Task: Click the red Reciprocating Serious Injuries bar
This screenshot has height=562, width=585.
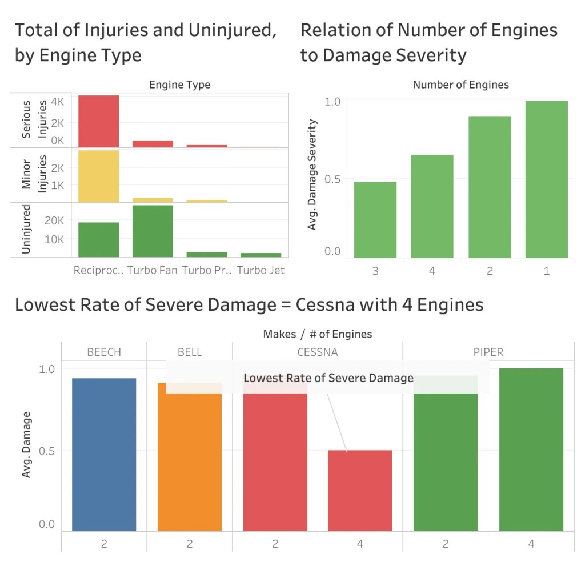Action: click(x=98, y=121)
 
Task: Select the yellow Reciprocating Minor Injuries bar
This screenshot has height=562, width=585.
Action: click(x=98, y=176)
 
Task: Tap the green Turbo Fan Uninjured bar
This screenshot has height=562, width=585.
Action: click(x=153, y=231)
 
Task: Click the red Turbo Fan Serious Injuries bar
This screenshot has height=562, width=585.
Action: click(x=153, y=144)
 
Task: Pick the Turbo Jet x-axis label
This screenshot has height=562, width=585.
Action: click(x=261, y=270)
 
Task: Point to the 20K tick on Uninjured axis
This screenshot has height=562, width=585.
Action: click(x=54, y=220)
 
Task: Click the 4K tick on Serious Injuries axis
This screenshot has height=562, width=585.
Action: click(x=57, y=102)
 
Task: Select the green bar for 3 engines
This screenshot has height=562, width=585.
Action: click(x=375, y=220)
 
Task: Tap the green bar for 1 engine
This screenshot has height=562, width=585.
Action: click(x=547, y=179)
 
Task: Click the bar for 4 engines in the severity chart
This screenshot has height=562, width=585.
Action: click(x=432, y=206)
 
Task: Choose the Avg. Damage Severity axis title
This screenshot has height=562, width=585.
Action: click(x=312, y=175)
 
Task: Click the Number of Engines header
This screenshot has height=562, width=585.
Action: click(x=460, y=85)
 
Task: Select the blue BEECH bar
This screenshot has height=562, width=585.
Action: click(x=104, y=455)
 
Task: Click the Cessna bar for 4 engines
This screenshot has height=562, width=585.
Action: click(x=360, y=491)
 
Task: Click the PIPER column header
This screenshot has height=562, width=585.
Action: click(x=488, y=352)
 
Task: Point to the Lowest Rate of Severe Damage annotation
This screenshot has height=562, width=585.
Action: click(x=328, y=378)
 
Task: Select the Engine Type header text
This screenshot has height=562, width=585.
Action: click(x=179, y=85)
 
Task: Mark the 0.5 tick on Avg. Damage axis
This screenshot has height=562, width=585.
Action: click(x=47, y=451)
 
